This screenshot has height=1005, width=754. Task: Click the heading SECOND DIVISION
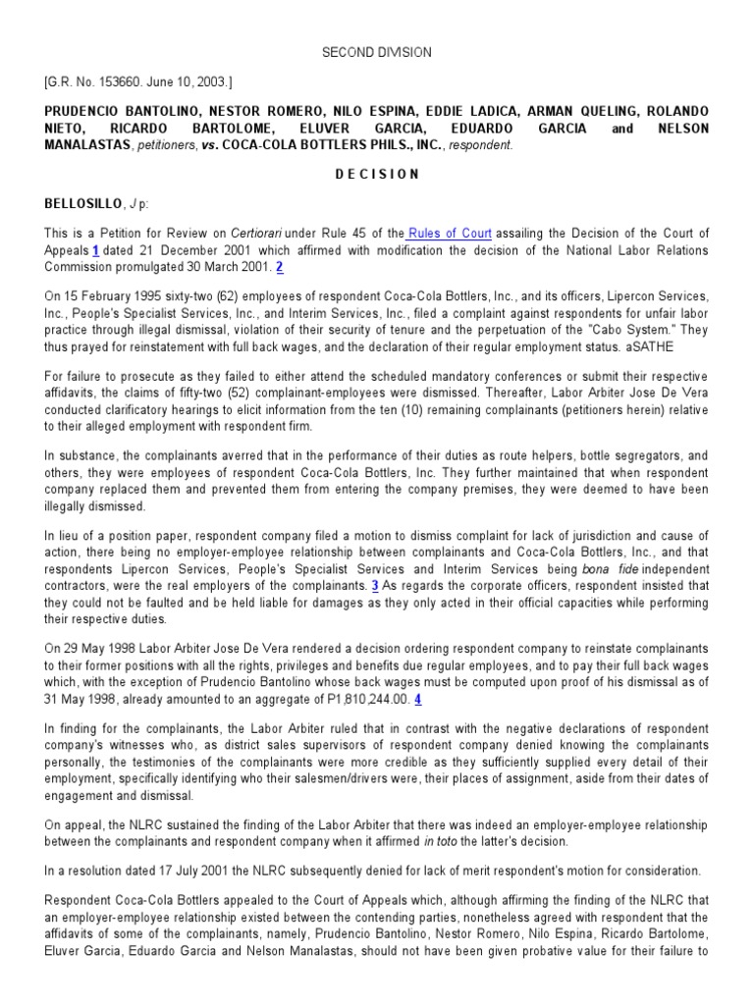tap(377, 51)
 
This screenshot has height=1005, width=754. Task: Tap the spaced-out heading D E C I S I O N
tap(377, 174)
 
